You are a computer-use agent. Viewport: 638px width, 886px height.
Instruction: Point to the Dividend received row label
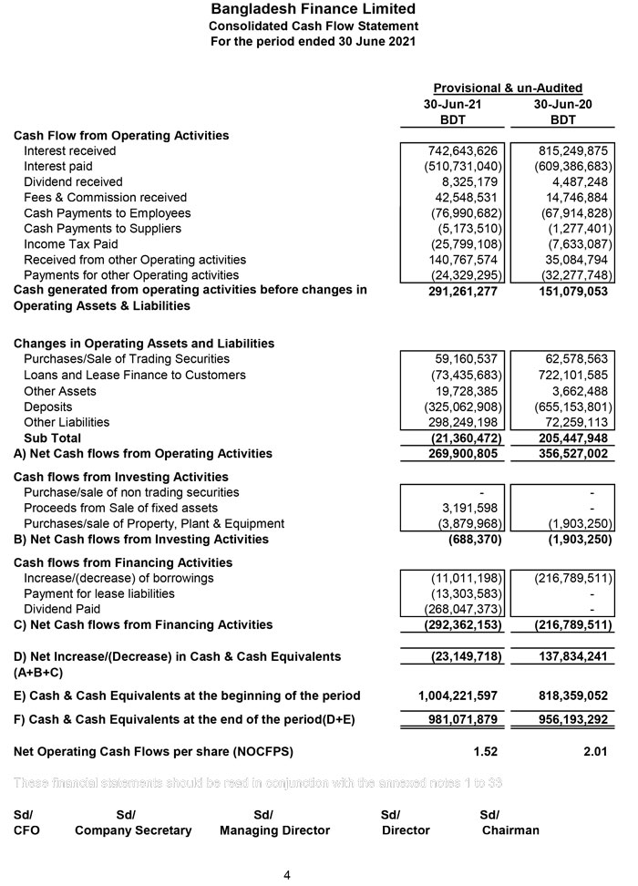coord(73,181)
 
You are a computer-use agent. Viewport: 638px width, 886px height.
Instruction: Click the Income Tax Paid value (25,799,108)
coord(464,243)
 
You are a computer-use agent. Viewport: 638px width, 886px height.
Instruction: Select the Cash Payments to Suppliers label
coord(102,228)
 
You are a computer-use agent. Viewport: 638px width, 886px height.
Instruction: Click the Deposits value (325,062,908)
coord(464,407)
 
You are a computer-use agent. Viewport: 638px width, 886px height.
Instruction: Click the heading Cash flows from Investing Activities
coord(120,477)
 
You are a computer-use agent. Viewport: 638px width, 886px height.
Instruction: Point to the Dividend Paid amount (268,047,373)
coord(464,609)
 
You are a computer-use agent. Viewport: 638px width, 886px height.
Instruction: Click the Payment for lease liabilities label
coord(98,593)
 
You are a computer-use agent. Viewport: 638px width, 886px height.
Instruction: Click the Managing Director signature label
coord(274,830)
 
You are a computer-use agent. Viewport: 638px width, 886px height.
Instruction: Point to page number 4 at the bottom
coord(287,875)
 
